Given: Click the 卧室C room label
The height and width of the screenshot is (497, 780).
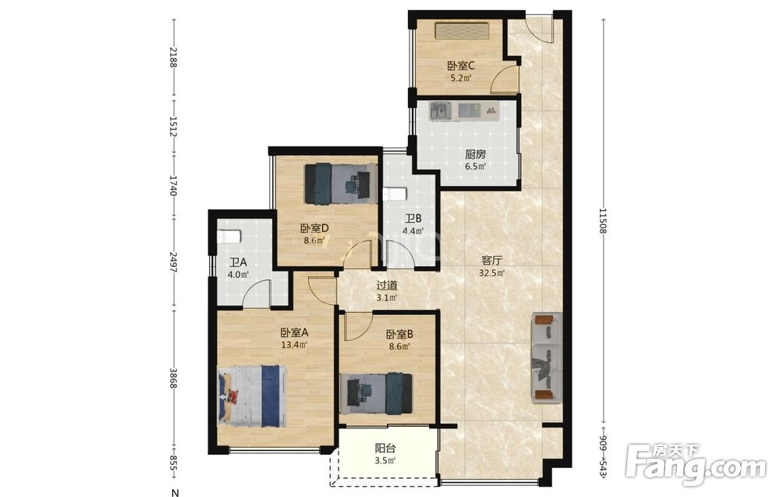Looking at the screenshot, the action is click(x=461, y=66).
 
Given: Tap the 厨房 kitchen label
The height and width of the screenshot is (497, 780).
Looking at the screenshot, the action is click(x=476, y=154).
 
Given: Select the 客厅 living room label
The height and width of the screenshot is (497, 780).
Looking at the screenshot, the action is click(x=491, y=260).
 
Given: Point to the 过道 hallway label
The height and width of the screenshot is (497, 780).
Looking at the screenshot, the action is click(x=387, y=286).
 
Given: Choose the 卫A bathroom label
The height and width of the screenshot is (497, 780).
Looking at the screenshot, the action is click(x=238, y=262).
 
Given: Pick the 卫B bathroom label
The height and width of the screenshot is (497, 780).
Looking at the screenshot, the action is click(x=413, y=218).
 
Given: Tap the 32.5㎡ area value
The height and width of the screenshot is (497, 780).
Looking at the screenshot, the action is click(x=492, y=272).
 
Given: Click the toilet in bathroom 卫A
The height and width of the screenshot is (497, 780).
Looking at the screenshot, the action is click(x=229, y=236).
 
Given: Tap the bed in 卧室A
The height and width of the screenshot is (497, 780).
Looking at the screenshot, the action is click(x=252, y=396).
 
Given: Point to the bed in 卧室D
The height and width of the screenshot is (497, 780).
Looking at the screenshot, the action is click(x=341, y=183).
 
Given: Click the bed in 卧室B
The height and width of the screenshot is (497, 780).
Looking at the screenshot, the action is click(x=376, y=393).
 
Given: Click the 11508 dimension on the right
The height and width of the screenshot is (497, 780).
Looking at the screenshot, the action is click(x=604, y=221).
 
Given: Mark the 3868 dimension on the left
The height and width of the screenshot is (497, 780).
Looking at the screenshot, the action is click(x=173, y=378).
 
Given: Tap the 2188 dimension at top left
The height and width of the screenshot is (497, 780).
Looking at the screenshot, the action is click(x=173, y=57).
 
